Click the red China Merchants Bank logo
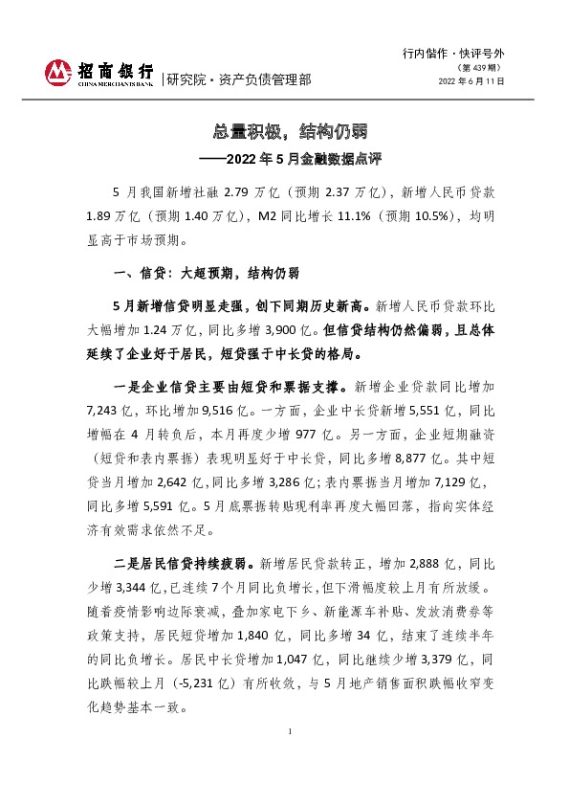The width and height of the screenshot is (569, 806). click(59, 74)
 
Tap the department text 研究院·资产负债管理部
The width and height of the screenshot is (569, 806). click(239, 80)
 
